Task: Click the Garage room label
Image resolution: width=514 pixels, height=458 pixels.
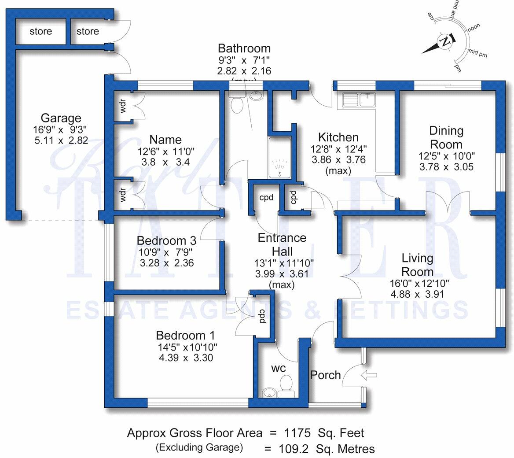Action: click(61, 118)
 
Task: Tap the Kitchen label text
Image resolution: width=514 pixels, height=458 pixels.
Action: click(338, 137)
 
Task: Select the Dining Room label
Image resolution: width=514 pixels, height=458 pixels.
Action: click(446, 137)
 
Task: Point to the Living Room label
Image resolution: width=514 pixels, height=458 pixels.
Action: click(417, 264)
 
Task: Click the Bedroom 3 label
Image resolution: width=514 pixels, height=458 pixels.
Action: click(166, 241)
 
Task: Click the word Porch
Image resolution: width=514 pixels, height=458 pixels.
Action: click(325, 375)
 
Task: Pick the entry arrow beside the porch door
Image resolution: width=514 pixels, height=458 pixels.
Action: click(368, 375)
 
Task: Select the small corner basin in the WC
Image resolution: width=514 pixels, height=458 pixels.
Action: click(268, 392)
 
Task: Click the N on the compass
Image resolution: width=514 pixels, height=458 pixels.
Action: click(445, 43)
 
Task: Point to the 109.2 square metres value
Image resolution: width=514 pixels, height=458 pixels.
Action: click(293, 449)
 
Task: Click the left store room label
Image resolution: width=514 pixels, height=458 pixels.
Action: click(41, 31)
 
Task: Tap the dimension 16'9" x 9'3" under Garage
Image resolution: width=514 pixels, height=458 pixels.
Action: click(61, 129)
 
